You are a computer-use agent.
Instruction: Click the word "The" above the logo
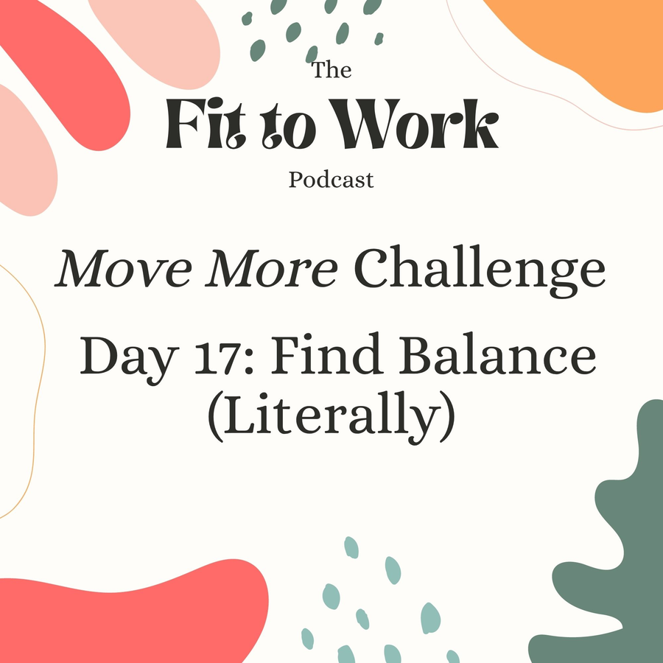coord(331,70)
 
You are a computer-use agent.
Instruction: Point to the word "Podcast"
coord(331,180)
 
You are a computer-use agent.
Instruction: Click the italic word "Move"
coord(123,269)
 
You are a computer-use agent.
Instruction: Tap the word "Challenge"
coord(480,270)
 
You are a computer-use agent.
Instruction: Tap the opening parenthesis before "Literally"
coord(216,417)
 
